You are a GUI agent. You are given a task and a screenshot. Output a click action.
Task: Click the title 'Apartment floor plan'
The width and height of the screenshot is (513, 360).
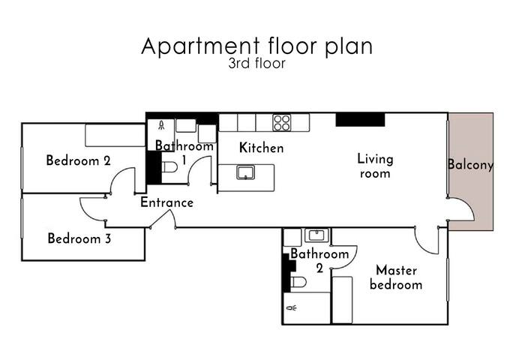(x=256, y=46)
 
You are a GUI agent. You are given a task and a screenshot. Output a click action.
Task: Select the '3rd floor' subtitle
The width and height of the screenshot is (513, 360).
(x=256, y=64)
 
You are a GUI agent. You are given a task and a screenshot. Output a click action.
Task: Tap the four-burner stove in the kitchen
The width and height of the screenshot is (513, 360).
(x=282, y=122)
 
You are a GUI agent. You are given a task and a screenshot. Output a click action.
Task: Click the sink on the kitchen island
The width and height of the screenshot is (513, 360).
(x=245, y=173)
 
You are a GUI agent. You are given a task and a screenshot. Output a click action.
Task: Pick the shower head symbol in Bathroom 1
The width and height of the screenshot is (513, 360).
(x=160, y=126)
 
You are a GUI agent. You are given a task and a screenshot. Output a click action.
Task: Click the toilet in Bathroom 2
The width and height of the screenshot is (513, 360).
(x=298, y=283)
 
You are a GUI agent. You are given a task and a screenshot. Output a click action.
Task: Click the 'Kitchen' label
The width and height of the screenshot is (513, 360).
(x=261, y=148)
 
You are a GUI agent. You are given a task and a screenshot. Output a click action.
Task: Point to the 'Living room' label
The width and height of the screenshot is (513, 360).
(x=375, y=166)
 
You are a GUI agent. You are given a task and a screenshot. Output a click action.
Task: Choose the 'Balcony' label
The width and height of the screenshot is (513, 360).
(x=470, y=165)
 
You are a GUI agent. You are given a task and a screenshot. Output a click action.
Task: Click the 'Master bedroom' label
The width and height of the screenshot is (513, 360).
(x=395, y=277)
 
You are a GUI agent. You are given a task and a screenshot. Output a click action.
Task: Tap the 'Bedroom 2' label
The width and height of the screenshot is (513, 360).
(x=79, y=160)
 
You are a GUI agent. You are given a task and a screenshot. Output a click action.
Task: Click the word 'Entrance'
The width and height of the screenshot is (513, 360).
(x=166, y=202)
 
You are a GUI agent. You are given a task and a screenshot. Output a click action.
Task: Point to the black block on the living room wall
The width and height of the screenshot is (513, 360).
(x=360, y=119)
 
